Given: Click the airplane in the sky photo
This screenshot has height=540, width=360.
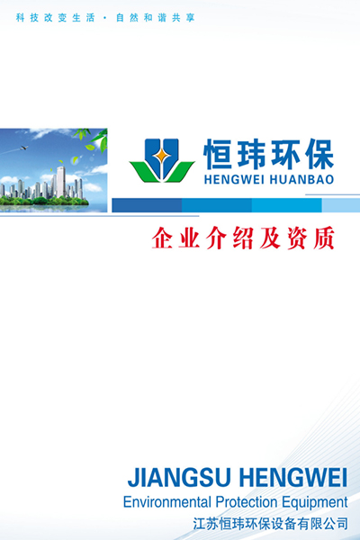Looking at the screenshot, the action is [x=23, y=148].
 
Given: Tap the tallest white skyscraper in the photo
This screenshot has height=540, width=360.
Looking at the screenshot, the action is [x=61, y=182].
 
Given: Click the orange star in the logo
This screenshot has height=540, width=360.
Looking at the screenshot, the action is [x=162, y=156].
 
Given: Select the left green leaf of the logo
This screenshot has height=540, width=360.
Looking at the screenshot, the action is [x=145, y=172].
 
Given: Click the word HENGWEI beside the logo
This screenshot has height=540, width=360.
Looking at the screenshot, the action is [x=227, y=179].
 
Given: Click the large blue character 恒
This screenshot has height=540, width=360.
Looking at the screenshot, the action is [x=218, y=154].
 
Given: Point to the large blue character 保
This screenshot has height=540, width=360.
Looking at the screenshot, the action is [x=318, y=154].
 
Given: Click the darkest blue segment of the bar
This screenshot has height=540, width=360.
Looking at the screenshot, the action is [x=147, y=205].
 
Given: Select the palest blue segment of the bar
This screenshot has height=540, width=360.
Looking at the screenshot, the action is [x=341, y=205].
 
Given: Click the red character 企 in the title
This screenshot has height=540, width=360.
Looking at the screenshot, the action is [x=162, y=238].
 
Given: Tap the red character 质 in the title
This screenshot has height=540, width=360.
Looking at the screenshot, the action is [x=323, y=238].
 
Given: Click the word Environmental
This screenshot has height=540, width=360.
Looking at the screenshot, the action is [x=166, y=502].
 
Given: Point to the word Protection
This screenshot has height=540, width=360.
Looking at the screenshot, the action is [x=247, y=502].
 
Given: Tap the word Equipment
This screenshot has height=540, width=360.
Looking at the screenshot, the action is [x=315, y=503].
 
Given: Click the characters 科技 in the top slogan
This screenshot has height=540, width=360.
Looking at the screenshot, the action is [x=27, y=18].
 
